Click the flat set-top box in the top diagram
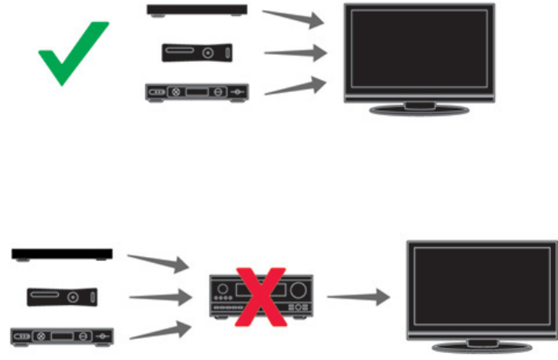pyautogui.click(x=198, y=11)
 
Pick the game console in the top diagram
pyautogui.click(x=197, y=52)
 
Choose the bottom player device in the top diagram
pyautogui.click(x=197, y=91)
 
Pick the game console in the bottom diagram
pyautogui.click(x=62, y=297)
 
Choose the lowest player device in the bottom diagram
pyautogui.click(x=62, y=337)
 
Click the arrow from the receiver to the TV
pyautogui.click(x=358, y=297)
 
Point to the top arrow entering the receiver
pyautogui.click(x=159, y=262)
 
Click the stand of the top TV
pyautogui.click(x=419, y=108)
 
